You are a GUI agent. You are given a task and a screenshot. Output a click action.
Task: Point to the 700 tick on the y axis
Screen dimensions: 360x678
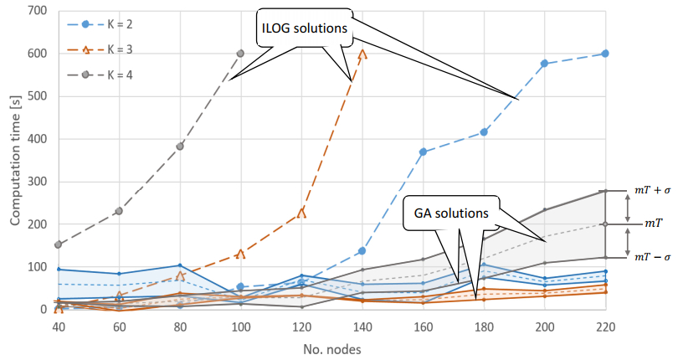click(x=36, y=11)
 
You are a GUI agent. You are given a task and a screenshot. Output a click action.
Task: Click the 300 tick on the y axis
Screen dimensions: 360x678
click(x=36, y=182)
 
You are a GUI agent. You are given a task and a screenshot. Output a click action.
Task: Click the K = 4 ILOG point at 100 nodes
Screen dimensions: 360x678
click(x=240, y=54)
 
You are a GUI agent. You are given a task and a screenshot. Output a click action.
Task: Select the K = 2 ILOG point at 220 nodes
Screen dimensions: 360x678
click(x=605, y=54)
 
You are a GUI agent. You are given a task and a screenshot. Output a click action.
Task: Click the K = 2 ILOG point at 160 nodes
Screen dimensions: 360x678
click(x=424, y=152)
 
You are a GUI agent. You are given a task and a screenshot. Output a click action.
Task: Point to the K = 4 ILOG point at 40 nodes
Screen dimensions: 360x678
click(x=59, y=244)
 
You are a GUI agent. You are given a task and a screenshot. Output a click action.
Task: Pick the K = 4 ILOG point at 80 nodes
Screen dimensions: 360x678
click(x=180, y=146)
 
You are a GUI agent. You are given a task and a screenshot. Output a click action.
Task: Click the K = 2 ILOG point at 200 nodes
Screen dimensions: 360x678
click(x=545, y=64)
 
